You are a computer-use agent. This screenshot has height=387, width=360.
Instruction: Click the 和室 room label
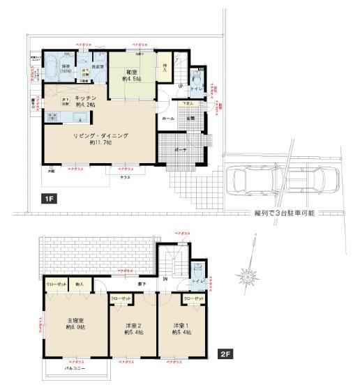130,73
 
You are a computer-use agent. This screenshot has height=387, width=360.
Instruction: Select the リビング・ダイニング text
100,135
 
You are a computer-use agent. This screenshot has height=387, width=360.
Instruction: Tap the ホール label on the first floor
168,119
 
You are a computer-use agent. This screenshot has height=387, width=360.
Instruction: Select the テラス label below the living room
126,179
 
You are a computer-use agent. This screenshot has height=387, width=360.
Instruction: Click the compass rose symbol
248,277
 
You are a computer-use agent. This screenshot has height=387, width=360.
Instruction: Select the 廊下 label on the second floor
142,284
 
